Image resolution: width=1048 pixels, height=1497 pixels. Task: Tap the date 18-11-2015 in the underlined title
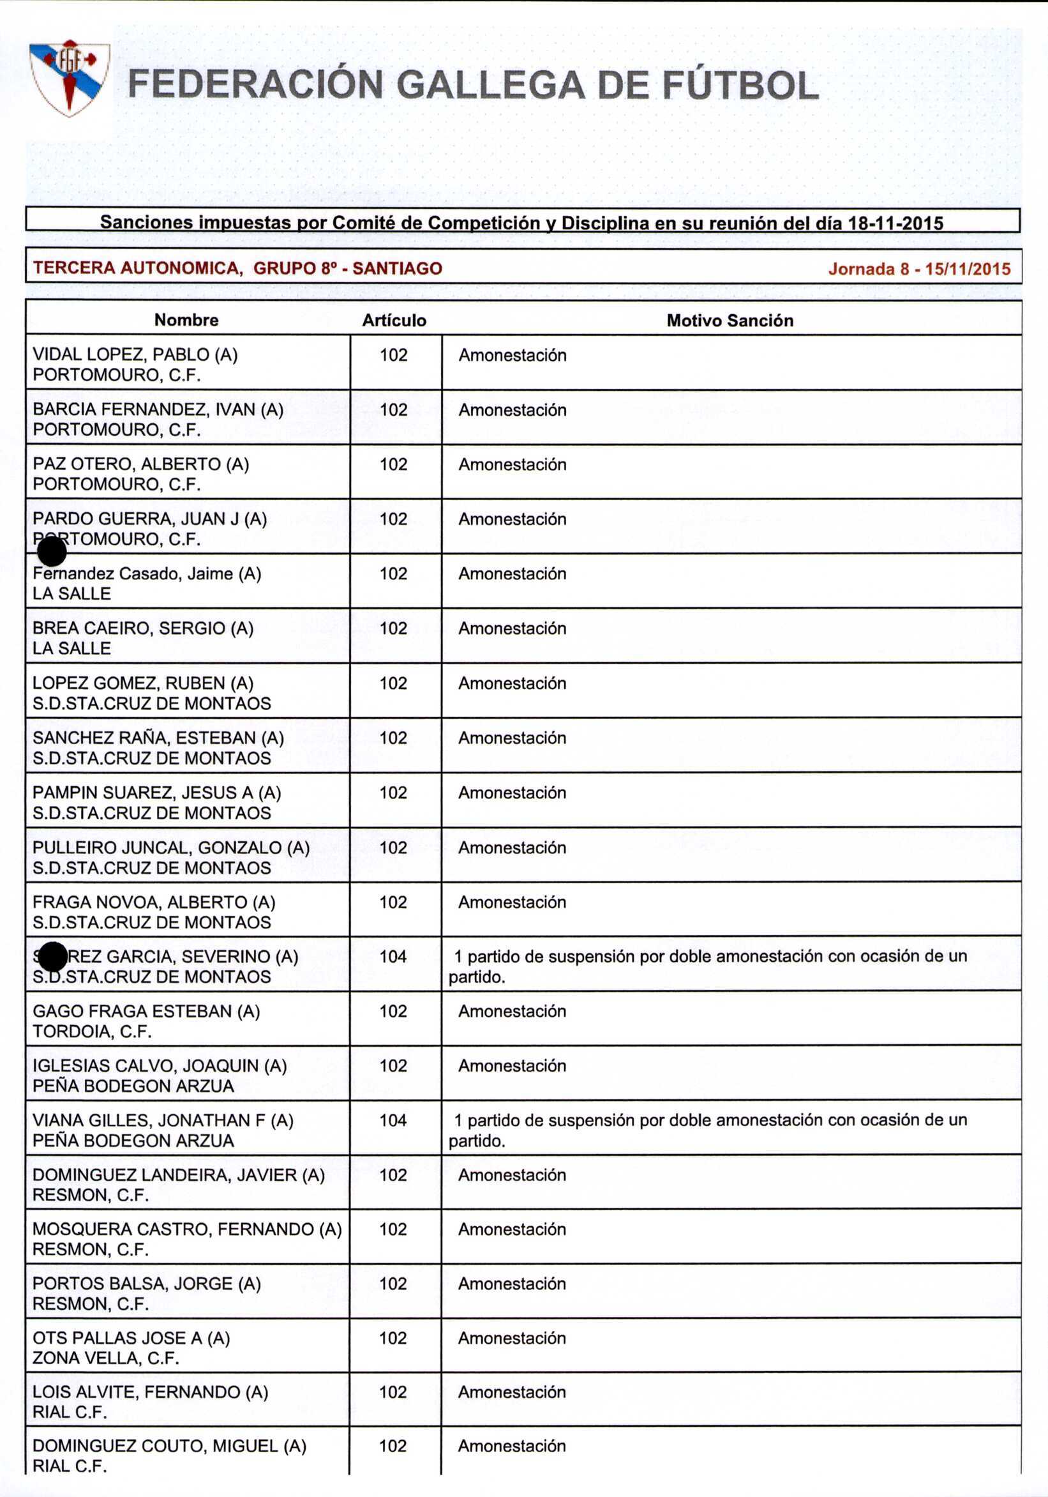[x=895, y=224]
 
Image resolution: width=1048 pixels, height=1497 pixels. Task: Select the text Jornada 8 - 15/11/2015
[x=919, y=269]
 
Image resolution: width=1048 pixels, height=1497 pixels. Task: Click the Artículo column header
[x=394, y=320]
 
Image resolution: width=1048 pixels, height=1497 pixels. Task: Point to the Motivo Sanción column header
[x=730, y=320]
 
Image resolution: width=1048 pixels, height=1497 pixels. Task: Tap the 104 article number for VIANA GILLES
[x=393, y=1120]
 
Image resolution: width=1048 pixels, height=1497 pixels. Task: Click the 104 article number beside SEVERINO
[x=393, y=957]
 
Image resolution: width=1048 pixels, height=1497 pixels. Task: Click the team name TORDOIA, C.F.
[x=92, y=1031]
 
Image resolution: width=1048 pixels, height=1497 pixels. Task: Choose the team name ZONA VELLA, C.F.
[x=105, y=1358]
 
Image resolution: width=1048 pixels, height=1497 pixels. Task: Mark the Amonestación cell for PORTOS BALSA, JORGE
[x=512, y=1283]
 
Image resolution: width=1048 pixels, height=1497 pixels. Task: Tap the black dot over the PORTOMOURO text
[x=52, y=552]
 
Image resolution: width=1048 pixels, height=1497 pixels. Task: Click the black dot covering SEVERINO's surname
[x=52, y=957]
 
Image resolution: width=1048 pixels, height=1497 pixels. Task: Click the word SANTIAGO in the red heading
[x=397, y=268]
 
